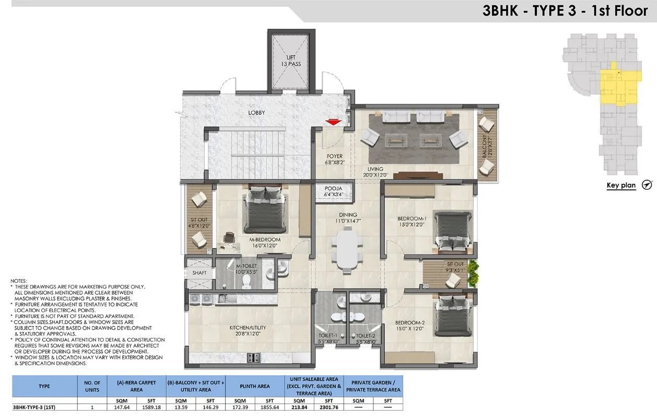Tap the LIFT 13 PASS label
tap(293, 61)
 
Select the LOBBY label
tap(256, 113)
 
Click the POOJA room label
tap(333, 191)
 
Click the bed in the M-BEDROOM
tap(264, 211)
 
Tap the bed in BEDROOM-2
tap(453, 316)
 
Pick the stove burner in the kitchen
tap(254, 357)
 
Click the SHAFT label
tap(199, 273)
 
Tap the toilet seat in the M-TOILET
tap(248, 281)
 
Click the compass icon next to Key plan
tap(647, 185)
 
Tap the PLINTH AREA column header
tap(255, 386)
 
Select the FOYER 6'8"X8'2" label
tap(335, 159)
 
